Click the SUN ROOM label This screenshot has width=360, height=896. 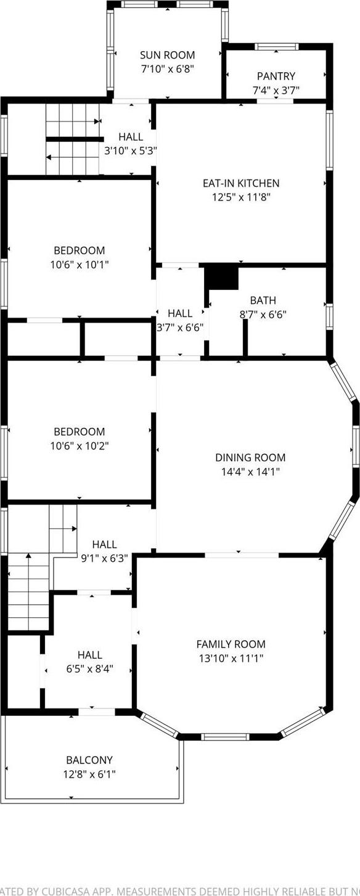point(167,55)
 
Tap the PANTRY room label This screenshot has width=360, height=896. point(276,76)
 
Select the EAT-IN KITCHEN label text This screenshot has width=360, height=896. point(241,183)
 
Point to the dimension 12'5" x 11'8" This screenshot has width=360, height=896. point(241,197)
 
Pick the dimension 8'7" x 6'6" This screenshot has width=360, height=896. point(263,314)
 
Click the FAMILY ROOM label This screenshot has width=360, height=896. point(231,644)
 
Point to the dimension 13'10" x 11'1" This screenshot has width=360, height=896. point(231,658)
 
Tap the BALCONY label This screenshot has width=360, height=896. point(89,760)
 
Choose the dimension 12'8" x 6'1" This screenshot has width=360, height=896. point(89,774)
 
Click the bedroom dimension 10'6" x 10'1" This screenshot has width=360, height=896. point(79,264)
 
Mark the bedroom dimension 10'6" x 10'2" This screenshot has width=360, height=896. point(79,445)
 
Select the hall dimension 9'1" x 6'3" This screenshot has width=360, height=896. point(104,558)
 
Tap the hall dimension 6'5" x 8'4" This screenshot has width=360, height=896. point(90,668)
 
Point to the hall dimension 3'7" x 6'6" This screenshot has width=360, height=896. point(180,327)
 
